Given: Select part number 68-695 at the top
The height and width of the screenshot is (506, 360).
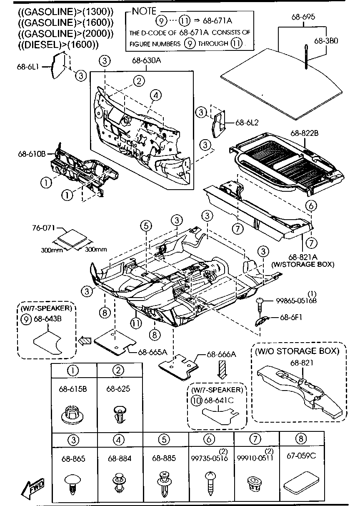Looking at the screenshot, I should click(303, 17).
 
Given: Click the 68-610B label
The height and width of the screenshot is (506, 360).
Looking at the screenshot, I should click(32, 153).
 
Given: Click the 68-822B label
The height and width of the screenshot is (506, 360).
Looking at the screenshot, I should click(305, 133).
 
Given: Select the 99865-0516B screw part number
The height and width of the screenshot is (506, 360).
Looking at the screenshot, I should click(295, 301).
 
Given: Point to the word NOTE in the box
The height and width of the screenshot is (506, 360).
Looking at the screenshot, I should click(144, 11).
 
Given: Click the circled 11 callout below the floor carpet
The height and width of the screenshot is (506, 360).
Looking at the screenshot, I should click(135, 322).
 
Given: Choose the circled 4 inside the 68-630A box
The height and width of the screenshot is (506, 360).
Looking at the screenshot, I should click(155, 95).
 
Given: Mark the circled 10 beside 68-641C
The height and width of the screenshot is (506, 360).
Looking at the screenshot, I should click(196, 400).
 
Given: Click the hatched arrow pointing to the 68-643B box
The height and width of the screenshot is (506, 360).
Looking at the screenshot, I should click(84, 340).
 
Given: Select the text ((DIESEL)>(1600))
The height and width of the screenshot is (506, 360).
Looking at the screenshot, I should click(58, 45).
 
